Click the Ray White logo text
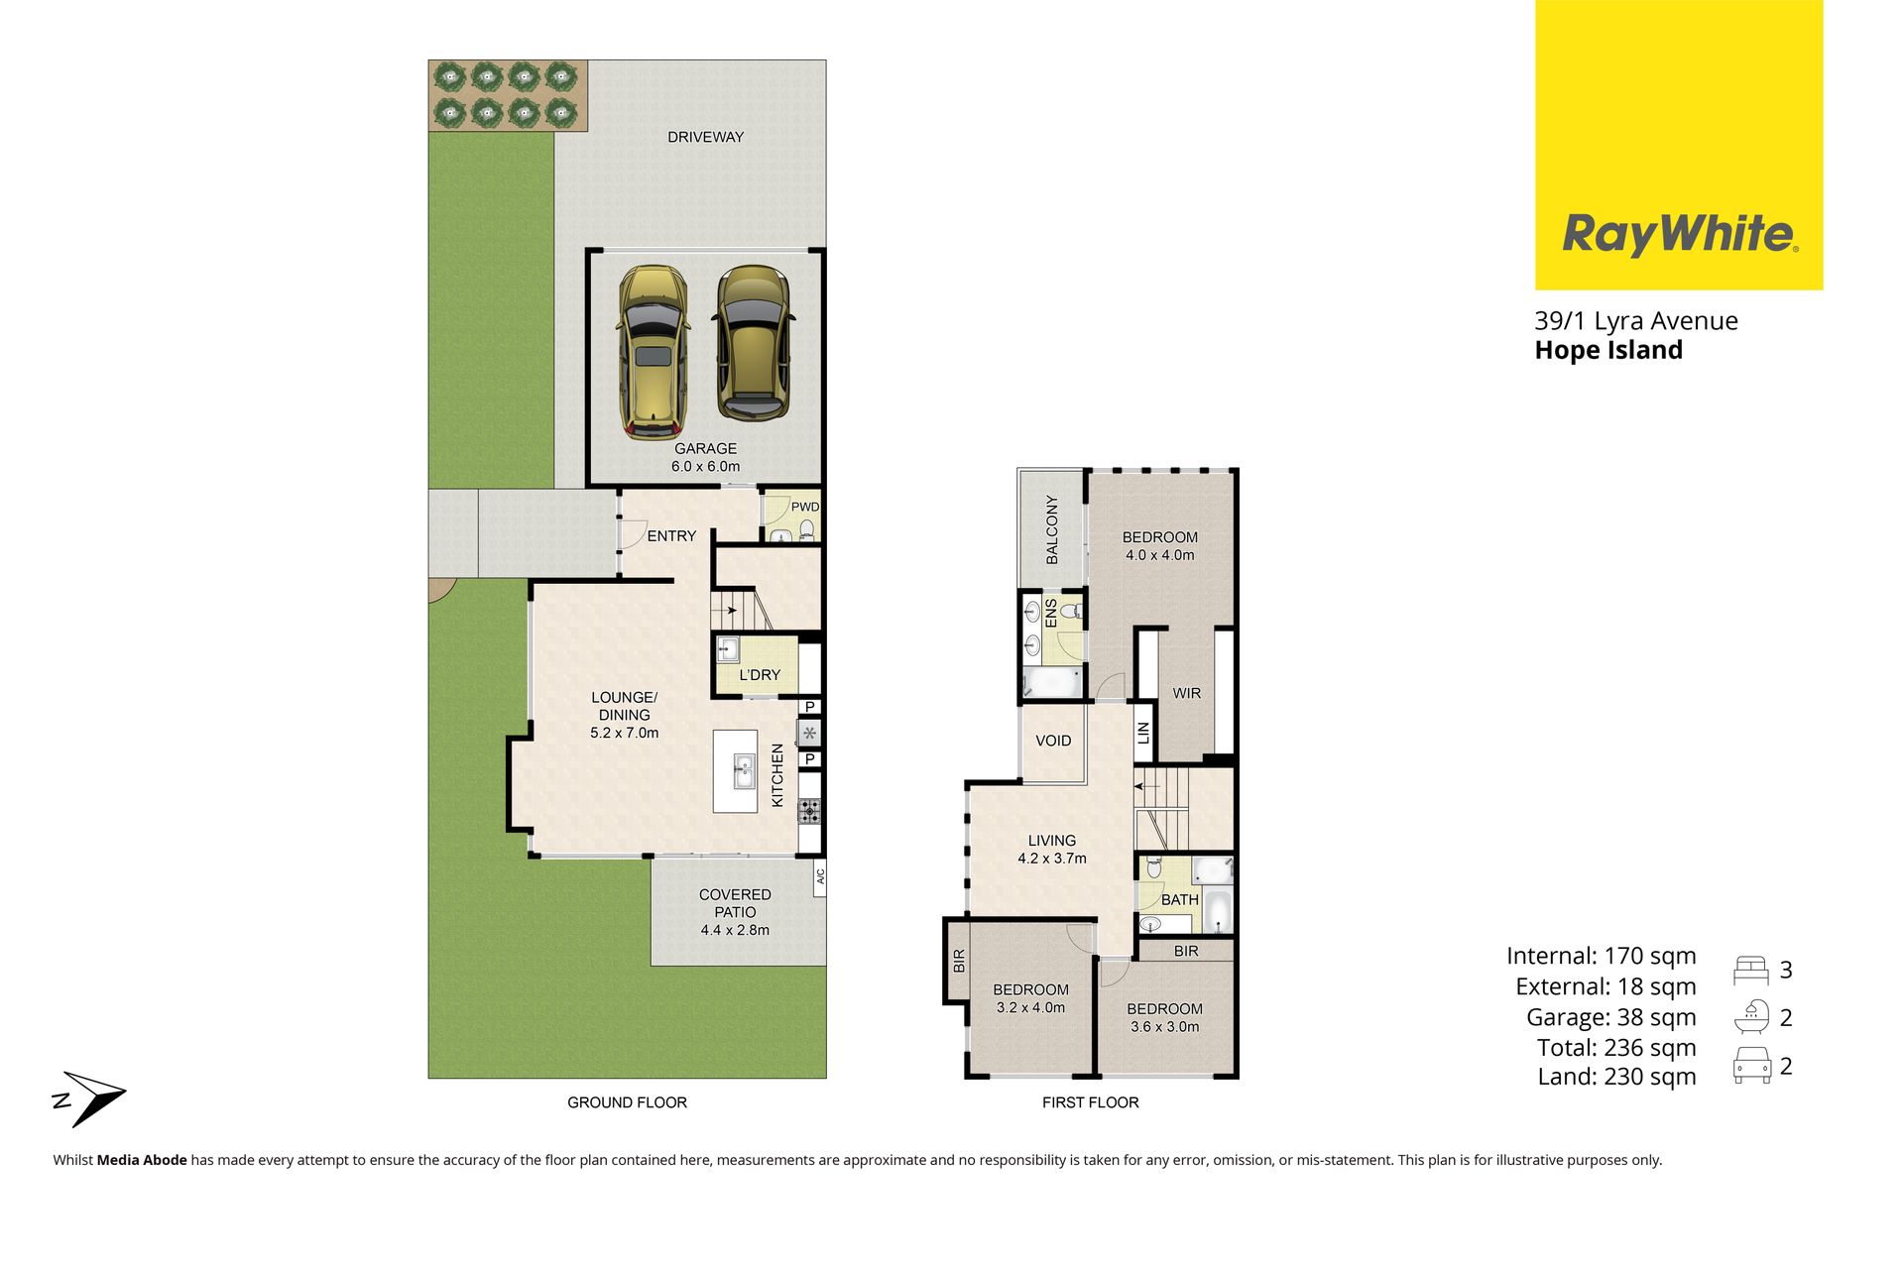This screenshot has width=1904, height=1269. click(1680, 234)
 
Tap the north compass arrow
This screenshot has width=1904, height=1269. click(89, 1098)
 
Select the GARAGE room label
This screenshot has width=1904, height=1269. click(705, 449)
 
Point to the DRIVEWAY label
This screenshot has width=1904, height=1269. click(705, 137)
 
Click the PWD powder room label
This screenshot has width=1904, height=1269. click(804, 507)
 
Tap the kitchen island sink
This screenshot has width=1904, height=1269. click(744, 770)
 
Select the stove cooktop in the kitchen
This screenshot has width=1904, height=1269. click(810, 811)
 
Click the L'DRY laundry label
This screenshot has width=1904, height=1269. click(760, 675)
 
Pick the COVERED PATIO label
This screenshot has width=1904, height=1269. click(735, 903)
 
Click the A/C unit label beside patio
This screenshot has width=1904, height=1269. click(820, 876)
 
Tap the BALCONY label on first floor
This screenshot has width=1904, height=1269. click(1052, 529)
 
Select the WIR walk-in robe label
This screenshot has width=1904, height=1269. click(1187, 693)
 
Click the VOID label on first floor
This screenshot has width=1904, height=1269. click(1053, 741)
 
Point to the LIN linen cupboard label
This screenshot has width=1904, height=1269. click(1143, 733)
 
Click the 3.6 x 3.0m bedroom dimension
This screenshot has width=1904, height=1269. click(1165, 1027)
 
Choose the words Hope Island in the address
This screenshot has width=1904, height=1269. click(1608, 350)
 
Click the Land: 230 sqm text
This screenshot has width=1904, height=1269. click(1616, 1077)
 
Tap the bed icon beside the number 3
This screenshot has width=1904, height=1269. click(1750, 970)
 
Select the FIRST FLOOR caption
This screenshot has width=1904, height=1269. click(1090, 1102)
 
